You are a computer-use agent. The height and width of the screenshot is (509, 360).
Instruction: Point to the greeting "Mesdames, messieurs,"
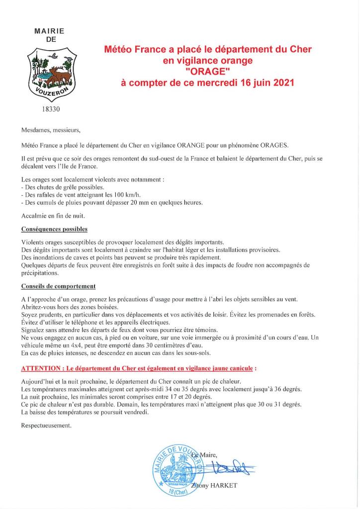[51, 131]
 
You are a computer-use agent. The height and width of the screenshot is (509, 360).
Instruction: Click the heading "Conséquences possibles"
[54, 229]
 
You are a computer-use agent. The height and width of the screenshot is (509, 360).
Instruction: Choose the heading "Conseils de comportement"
[58, 286]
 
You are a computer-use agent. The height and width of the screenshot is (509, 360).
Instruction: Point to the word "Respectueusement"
[46, 425]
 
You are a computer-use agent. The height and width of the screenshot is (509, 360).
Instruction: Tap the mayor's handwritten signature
[232, 468]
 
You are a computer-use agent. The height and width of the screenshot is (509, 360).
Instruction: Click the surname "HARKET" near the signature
[223, 485]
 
